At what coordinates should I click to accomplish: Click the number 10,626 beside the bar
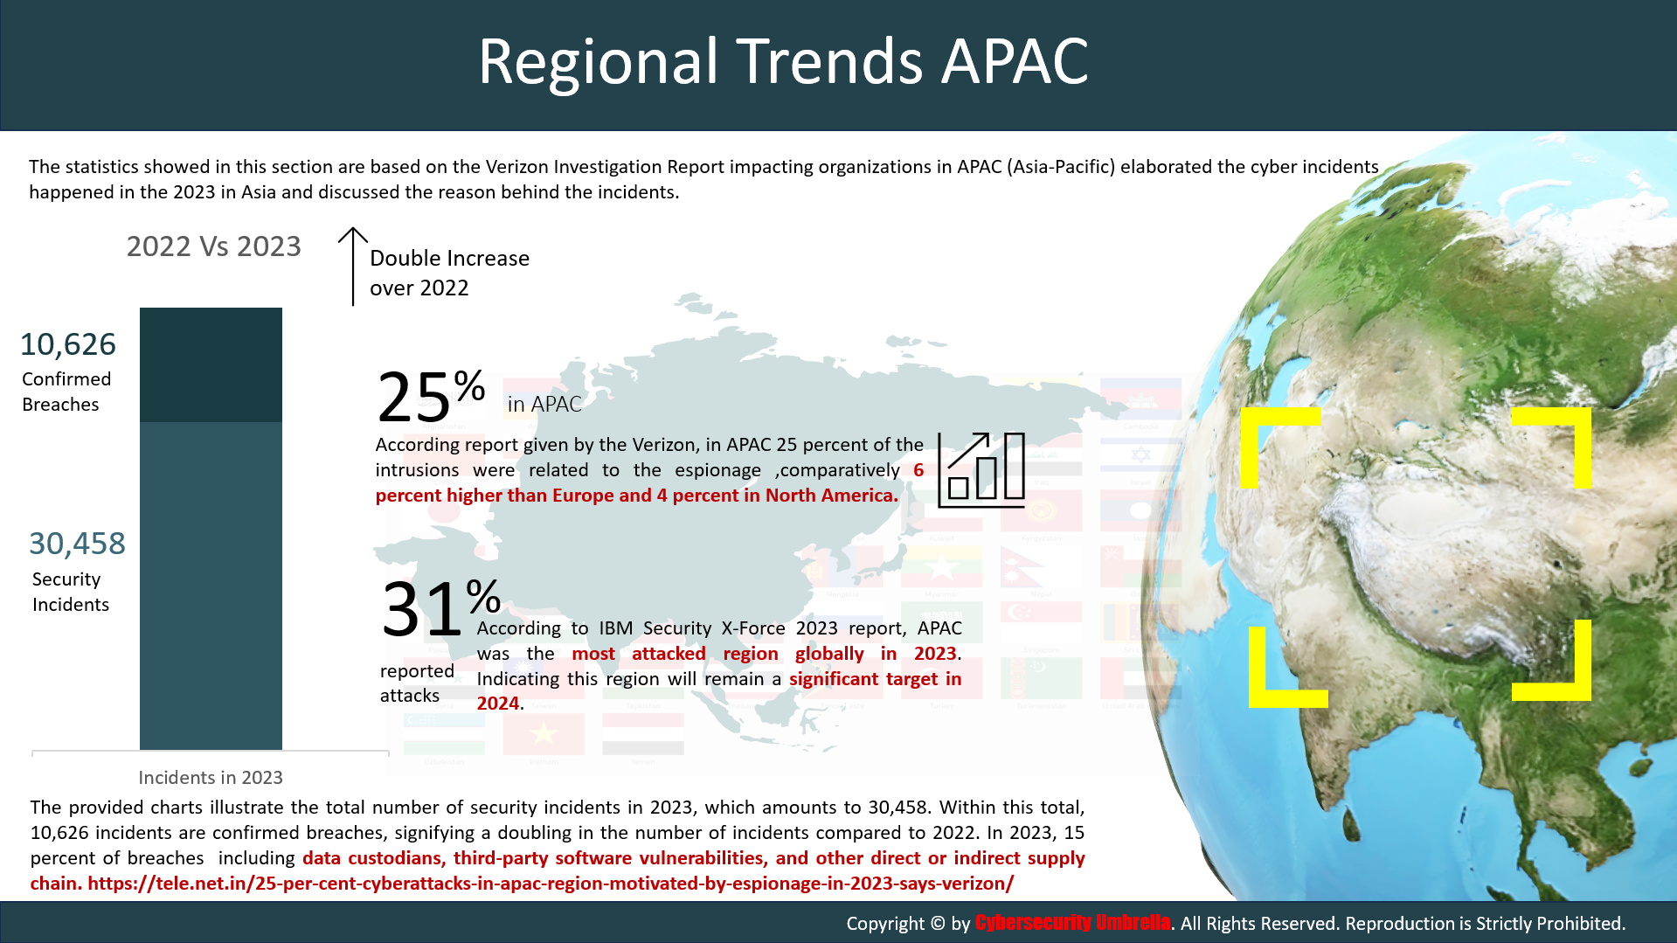(x=68, y=344)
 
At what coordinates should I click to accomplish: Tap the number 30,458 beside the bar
(x=77, y=544)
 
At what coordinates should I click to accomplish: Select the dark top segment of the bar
(x=211, y=364)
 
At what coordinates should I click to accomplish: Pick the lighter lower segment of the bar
(x=211, y=586)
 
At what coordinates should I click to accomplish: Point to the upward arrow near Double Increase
(x=353, y=267)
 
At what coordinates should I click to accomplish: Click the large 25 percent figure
(x=431, y=396)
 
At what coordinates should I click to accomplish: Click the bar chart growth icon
(x=981, y=470)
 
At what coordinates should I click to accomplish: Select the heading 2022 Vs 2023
(x=214, y=246)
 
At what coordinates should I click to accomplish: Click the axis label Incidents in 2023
(x=211, y=777)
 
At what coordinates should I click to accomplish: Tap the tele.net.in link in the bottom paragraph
(x=551, y=884)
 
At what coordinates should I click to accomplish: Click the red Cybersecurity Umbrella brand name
(x=1072, y=923)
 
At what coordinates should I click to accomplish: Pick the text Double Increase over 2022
(x=449, y=273)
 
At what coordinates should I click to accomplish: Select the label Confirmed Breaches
(x=66, y=392)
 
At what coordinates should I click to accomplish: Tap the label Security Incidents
(x=71, y=592)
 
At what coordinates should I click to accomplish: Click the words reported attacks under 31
(x=417, y=683)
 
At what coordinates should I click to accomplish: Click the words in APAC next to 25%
(x=544, y=404)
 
